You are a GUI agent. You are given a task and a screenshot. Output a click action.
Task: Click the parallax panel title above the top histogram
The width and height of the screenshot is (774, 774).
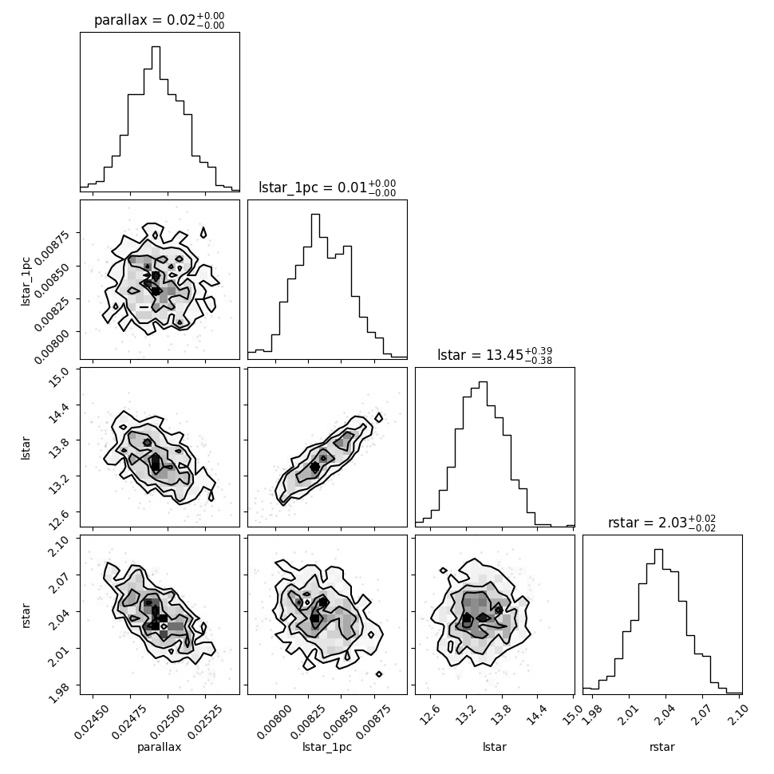159,20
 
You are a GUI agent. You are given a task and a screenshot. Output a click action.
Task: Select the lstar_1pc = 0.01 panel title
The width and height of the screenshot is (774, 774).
326,188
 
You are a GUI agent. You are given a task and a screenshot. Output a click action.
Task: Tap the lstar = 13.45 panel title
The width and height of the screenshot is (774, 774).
494,355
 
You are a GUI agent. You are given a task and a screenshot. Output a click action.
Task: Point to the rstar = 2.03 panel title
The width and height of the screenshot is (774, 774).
661,523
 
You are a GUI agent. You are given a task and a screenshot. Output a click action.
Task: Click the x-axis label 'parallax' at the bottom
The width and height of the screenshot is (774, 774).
160,747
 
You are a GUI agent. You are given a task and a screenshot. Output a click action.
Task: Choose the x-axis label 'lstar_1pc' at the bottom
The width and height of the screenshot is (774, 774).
327,747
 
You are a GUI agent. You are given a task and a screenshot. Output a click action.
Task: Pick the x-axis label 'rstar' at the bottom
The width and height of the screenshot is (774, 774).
662,747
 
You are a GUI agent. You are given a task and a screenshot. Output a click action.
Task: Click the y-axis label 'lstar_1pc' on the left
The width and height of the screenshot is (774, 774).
26,279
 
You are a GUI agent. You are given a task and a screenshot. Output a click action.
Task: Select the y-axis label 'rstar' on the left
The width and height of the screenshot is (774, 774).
26,614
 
